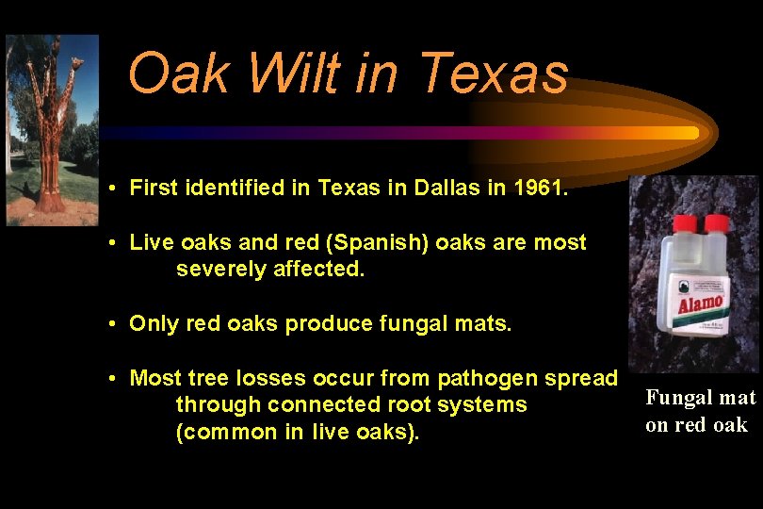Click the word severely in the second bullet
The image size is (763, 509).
click(x=218, y=270)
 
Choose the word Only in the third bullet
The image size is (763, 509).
click(x=152, y=324)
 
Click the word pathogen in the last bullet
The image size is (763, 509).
click(x=475, y=379)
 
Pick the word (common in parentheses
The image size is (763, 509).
click(x=220, y=433)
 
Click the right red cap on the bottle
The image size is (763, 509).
click(x=718, y=224)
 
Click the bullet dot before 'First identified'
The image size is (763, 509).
click(x=111, y=189)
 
